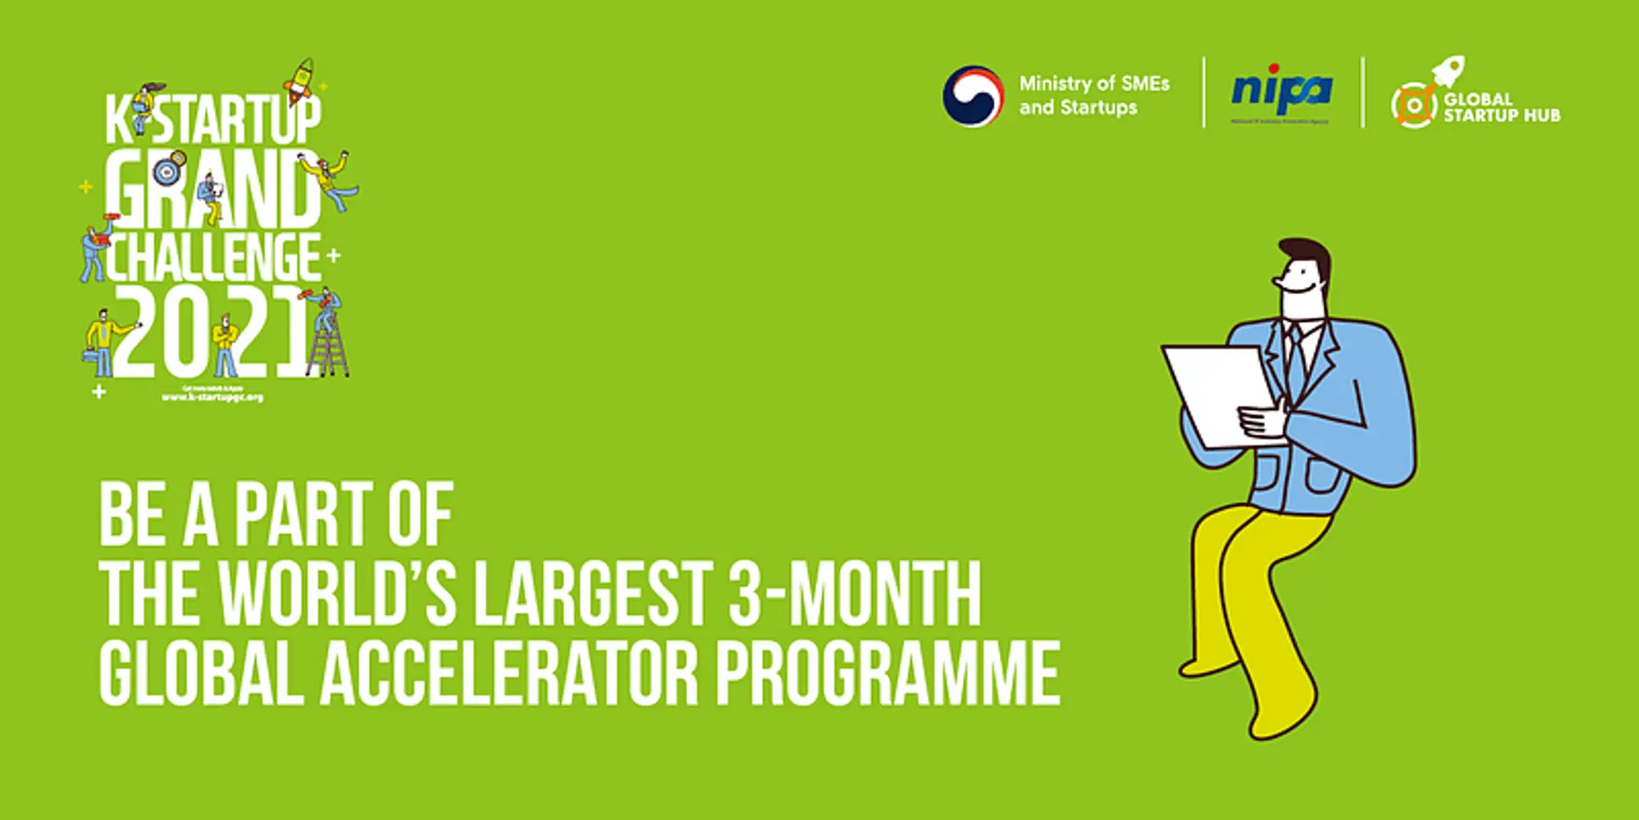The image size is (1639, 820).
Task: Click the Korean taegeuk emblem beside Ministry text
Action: click(972, 96)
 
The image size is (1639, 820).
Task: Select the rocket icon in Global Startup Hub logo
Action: click(1449, 71)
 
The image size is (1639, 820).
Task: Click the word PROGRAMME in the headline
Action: click(887, 674)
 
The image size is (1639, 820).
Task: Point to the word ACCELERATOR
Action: click(510, 674)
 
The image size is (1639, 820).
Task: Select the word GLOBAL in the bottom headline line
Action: click(201, 674)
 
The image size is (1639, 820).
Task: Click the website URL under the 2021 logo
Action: click(213, 397)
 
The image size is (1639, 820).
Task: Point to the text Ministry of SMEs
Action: click(1094, 84)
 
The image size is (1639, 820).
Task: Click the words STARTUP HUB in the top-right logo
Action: click(1502, 115)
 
